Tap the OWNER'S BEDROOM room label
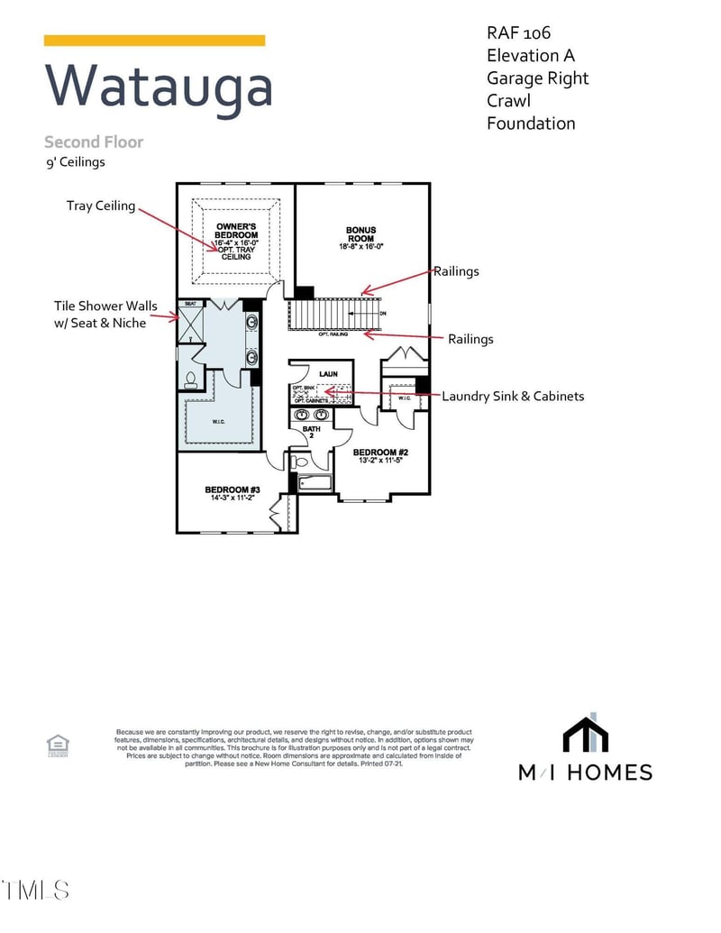(237, 231)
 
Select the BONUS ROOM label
(360, 234)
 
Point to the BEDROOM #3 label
(225, 489)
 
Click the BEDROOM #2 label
(380, 453)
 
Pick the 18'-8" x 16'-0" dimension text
(360, 247)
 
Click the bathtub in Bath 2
(315, 483)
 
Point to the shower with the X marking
(191, 328)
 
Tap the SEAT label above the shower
(190, 304)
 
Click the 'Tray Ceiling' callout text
(101, 206)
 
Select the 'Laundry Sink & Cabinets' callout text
(512, 396)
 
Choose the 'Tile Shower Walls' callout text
(99, 306)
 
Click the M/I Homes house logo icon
(585, 734)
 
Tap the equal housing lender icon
(59, 745)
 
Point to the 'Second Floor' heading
(94, 142)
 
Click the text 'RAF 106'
(518, 33)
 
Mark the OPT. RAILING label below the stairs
(333, 334)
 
